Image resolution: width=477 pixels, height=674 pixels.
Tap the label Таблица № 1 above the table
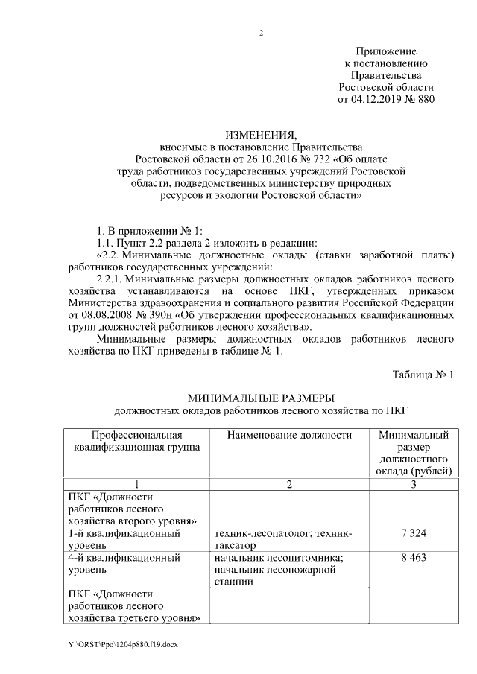[423, 374]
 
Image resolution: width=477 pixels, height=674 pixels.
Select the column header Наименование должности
[289, 435]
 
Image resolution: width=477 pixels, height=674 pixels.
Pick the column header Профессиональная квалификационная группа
[137, 441]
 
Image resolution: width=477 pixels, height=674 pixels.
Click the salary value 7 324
[413, 534]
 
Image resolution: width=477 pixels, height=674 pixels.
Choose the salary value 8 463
[413, 558]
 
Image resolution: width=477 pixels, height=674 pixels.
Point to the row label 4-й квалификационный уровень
[124, 563]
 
